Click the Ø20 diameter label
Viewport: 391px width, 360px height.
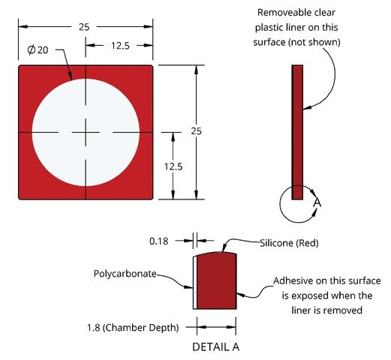tap(38, 49)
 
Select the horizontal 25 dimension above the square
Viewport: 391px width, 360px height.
tap(84, 27)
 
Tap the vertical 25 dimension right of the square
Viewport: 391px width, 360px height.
tap(196, 131)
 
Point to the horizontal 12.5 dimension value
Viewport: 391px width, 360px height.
tap(120, 46)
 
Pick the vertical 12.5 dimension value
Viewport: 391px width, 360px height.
tap(173, 166)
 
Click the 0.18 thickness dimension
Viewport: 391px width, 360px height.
tap(159, 241)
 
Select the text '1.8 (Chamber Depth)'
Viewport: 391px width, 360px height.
tap(133, 328)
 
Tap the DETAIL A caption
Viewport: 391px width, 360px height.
tap(215, 347)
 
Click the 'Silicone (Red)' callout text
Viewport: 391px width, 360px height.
tap(289, 243)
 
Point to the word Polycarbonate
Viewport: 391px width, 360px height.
tap(125, 274)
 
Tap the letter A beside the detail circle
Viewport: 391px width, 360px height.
tap(317, 202)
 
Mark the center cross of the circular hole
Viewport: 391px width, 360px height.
tap(86, 132)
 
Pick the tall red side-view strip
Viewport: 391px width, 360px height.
tap(297, 132)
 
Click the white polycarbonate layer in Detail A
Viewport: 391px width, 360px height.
tap(195, 283)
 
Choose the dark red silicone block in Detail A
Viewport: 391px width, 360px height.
tap(217, 280)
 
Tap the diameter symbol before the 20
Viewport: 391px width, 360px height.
tap(32, 49)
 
